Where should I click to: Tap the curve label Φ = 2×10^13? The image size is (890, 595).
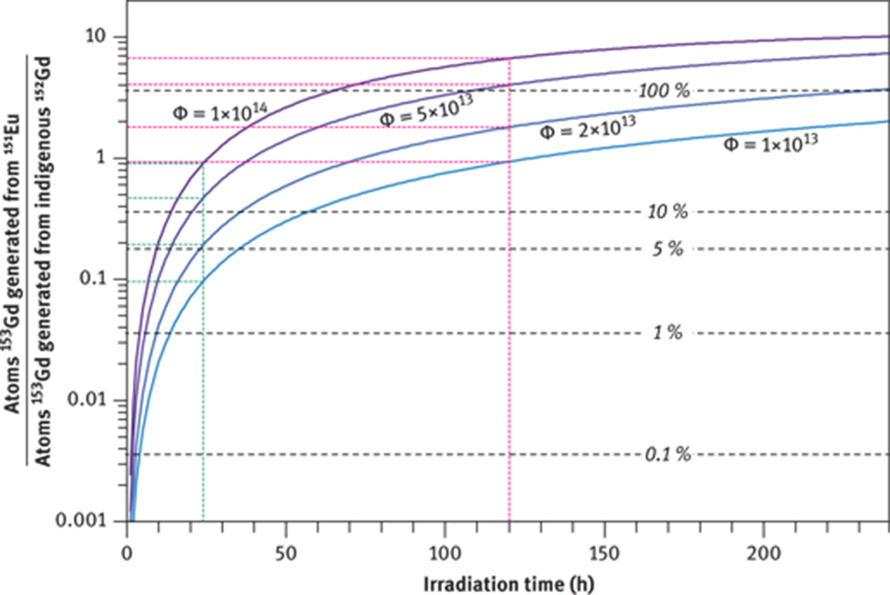(x=588, y=128)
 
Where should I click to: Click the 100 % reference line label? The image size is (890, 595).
(x=664, y=91)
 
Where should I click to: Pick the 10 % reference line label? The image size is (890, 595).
(x=668, y=212)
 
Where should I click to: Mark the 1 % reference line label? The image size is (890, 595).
(x=668, y=332)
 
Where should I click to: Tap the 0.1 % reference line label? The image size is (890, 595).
(x=668, y=454)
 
